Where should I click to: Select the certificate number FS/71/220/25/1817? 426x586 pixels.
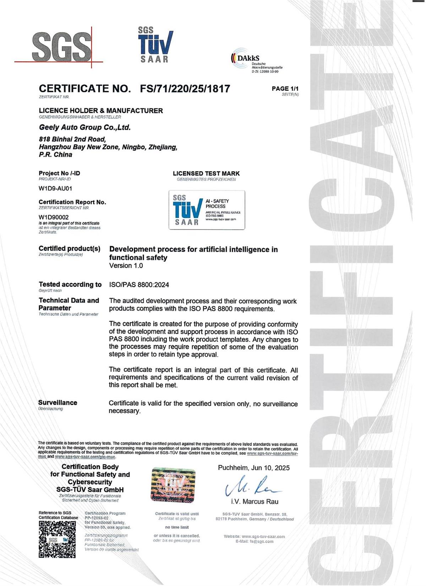(x=185, y=89)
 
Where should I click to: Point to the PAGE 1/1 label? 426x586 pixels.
(x=285, y=89)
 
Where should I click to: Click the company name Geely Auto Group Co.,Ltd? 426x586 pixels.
(x=85, y=127)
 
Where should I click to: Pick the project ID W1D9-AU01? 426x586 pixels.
(x=55, y=188)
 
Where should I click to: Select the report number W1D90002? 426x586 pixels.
(x=54, y=217)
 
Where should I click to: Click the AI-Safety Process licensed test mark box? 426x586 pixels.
(x=207, y=210)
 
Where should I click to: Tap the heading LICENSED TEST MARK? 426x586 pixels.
(x=206, y=173)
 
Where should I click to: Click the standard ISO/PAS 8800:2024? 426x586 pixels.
(x=139, y=285)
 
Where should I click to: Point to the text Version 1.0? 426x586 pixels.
(x=126, y=266)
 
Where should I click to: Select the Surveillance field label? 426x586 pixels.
(x=58, y=403)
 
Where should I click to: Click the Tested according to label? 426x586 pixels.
(x=70, y=284)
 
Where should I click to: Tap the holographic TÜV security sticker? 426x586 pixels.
(x=173, y=485)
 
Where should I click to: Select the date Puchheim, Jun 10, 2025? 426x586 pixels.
(x=253, y=468)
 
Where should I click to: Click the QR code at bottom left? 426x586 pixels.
(x=57, y=539)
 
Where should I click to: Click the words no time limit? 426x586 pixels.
(x=177, y=527)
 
